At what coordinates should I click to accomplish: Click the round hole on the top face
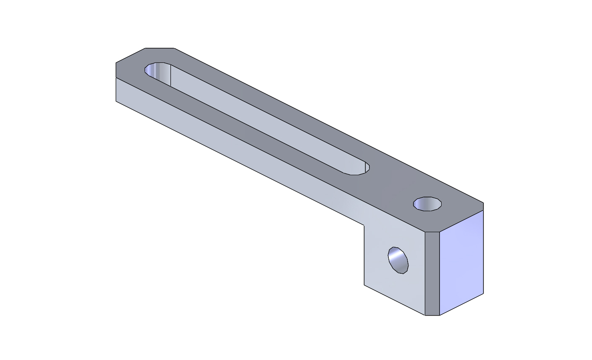click(427, 204)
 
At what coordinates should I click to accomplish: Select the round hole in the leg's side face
click(398, 260)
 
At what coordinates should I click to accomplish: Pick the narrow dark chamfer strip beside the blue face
click(432, 272)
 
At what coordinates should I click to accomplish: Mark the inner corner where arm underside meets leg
click(364, 225)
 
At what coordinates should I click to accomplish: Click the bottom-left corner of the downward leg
click(364, 285)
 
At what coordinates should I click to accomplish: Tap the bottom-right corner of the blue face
click(483, 293)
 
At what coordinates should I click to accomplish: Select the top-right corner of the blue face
click(483, 210)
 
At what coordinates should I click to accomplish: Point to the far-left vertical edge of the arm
click(116, 90)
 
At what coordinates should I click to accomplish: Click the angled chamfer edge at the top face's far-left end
click(130, 55)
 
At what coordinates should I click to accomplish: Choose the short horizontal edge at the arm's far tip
click(160, 48)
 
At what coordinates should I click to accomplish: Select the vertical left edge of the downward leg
click(364, 256)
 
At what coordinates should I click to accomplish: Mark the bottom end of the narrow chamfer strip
click(432, 315)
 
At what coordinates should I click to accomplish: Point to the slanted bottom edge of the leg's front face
click(394, 300)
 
